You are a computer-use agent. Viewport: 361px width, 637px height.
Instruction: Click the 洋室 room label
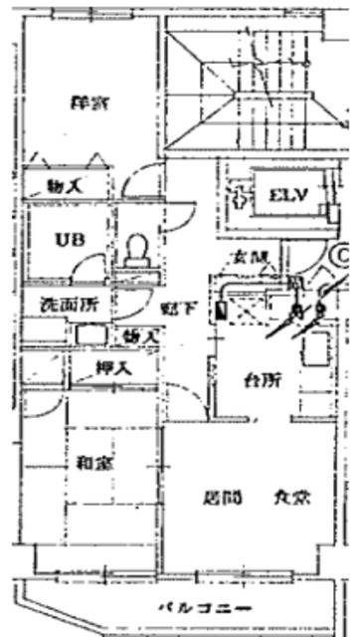click(x=90, y=102)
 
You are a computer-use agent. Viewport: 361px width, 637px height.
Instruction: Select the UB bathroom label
click(x=68, y=239)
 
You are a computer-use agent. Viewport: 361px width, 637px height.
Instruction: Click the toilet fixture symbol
click(x=136, y=248)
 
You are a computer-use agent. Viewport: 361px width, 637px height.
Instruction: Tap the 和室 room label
click(x=92, y=461)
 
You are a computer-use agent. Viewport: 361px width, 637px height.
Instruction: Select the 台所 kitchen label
click(x=262, y=378)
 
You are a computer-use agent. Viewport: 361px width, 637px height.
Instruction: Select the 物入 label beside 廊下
click(x=141, y=337)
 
